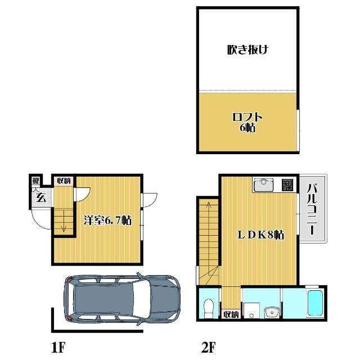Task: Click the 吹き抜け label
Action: point(247,50)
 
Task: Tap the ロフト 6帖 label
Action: point(247,123)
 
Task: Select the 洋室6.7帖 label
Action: point(107,220)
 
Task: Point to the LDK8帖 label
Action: point(260,235)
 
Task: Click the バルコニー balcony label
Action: point(312,209)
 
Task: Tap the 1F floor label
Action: point(58,347)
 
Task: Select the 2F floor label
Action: point(208,347)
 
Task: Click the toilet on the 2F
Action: point(209,308)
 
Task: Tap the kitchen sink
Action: point(263,184)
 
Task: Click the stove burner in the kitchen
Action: point(287,185)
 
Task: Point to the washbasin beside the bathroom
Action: point(272,312)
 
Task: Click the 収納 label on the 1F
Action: point(64,181)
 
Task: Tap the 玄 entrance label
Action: point(40,197)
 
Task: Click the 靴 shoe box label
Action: point(36,181)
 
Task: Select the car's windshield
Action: point(142,298)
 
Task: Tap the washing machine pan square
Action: point(251,310)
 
